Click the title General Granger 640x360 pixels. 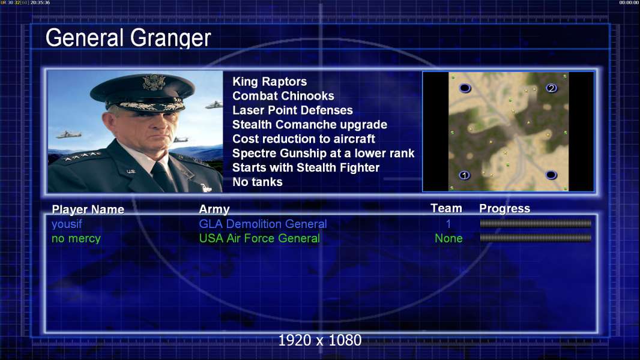click(128, 38)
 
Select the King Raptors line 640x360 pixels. click(270, 82)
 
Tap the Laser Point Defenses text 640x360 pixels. click(292, 110)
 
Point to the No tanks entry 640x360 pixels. click(257, 182)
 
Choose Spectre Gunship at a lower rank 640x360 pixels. click(323, 153)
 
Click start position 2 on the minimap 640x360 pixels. click(551, 88)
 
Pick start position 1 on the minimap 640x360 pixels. click(464, 175)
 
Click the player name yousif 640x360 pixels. click(67, 224)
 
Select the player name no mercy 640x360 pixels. click(76, 239)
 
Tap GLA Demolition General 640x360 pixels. click(263, 224)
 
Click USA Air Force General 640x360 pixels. click(259, 238)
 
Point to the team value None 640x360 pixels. click(448, 238)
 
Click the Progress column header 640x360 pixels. click(504, 208)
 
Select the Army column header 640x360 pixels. click(214, 209)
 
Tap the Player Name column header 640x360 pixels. click(88, 209)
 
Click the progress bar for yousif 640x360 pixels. click(536, 223)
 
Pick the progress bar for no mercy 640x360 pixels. click(536, 238)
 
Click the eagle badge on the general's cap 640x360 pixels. click(154, 82)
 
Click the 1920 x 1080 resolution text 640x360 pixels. click(320, 340)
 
